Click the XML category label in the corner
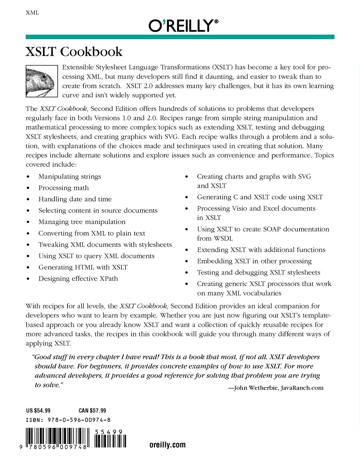pyautogui.click(x=32, y=13)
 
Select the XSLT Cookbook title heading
pyautogui.click(x=74, y=52)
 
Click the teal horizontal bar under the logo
pyautogui.click(x=180, y=37)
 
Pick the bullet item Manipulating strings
pyautogui.click(x=69, y=177)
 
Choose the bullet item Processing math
pyautogui.click(x=64, y=188)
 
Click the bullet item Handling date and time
pyautogui.click(x=75, y=199)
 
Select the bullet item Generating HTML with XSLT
pyautogui.click(x=83, y=267)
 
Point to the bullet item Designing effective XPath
pyautogui.click(x=78, y=279)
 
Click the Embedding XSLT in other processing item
pyautogui.click(x=254, y=261)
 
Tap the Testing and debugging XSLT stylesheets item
pyautogui.click(x=259, y=273)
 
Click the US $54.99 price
pyautogui.click(x=38, y=411)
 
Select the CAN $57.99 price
pyautogui.click(x=92, y=411)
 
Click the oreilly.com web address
pyautogui.click(x=167, y=445)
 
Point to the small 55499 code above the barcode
pyautogui.click(x=109, y=432)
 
